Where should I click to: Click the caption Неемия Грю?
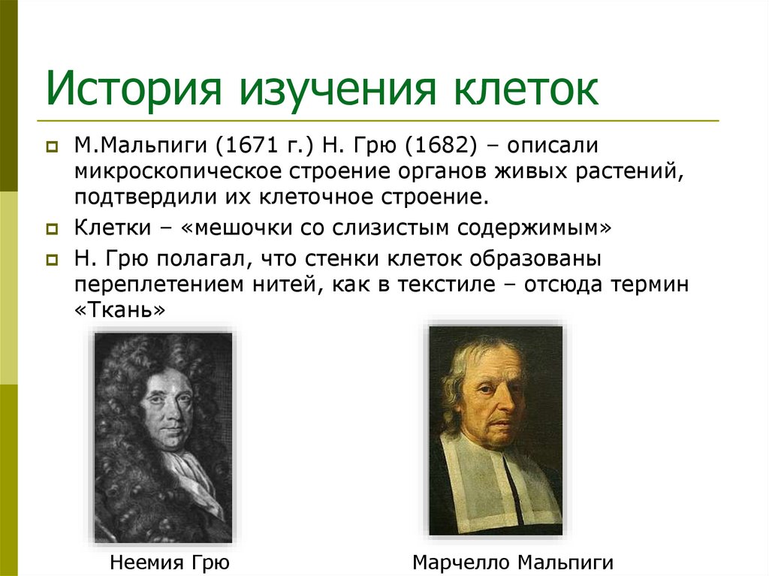pos(169,562)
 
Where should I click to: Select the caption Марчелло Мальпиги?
pos(513,562)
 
